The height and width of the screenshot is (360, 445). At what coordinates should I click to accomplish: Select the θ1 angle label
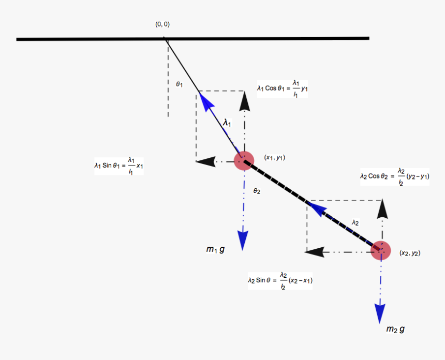(x=179, y=84)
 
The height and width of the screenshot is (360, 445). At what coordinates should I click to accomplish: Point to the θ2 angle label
(x=257, y=191)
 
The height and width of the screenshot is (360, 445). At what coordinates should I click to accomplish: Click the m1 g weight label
(x=215, y=250)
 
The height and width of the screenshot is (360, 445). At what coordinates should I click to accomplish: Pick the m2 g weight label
(x=395, y=329)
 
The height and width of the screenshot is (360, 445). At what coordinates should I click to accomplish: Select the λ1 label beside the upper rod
(x=227, y=123)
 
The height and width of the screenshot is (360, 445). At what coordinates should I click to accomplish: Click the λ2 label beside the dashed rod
(x=355, y=222)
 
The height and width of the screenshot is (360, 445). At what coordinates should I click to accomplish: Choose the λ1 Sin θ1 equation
(x=118, y=166)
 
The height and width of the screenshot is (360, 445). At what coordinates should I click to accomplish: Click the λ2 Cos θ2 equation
(x=395, y=176)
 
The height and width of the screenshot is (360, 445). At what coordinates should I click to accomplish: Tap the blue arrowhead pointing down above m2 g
(x=380, y=312)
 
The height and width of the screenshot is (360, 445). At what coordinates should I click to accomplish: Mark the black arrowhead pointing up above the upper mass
(x=244, y=102)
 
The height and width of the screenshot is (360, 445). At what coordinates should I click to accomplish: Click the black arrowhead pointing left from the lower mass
(x=314, y=252)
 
